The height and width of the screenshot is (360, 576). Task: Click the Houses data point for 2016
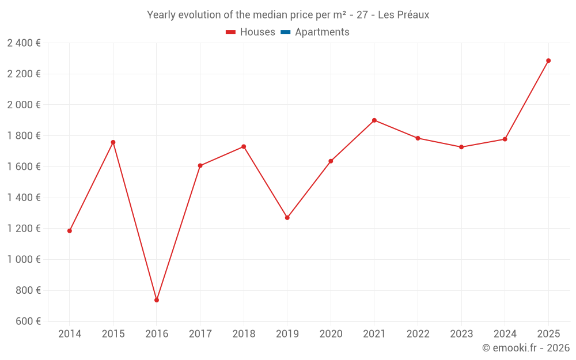[157, 300]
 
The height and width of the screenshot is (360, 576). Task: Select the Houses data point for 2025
[548, 60]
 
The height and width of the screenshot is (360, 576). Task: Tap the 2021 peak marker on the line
[374, 120]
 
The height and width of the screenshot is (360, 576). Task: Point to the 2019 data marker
[287, 218]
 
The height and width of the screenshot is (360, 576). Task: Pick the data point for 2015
[113, 142]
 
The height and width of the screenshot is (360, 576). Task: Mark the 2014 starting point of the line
[70, 231]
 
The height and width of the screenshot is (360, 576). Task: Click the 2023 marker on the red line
[461, 147]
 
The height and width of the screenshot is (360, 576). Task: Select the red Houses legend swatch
[231, 32]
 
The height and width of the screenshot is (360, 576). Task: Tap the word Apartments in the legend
[322, 32]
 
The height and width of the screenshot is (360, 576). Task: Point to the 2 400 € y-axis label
[24, 43]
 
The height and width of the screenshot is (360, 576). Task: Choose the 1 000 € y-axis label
[24, 259]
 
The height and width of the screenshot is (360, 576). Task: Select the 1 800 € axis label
[24, 136]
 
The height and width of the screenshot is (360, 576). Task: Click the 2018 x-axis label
[244, 334]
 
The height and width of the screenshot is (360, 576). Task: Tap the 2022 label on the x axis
[418, 334]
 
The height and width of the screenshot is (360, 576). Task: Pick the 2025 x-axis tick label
[548, 334]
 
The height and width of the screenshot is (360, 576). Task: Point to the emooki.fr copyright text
[526, 348]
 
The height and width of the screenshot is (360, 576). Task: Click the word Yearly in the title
[161, 15]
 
